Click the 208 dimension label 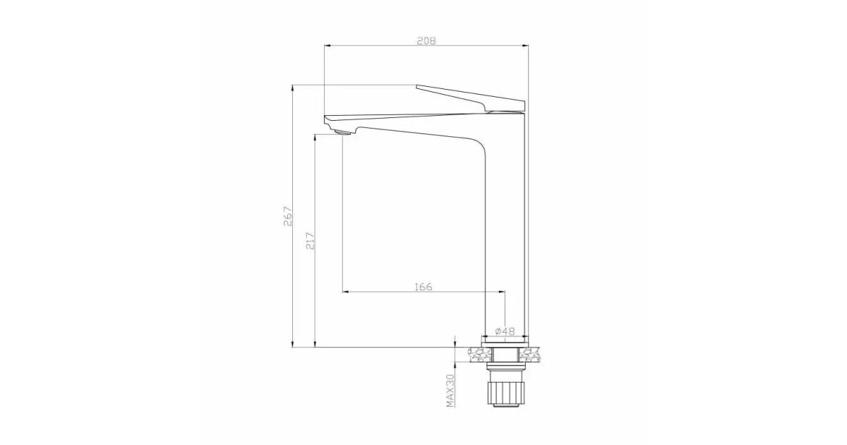tap(426, 41)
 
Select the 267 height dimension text tap(288, 216)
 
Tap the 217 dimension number tap(311, 241)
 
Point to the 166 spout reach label tap(423, 287)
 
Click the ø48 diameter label tap(505, 331)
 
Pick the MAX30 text tap(450, 391)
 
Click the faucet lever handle tap(471, 98)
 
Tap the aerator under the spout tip tap(343, 133)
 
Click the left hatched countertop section tap(480, 355)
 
